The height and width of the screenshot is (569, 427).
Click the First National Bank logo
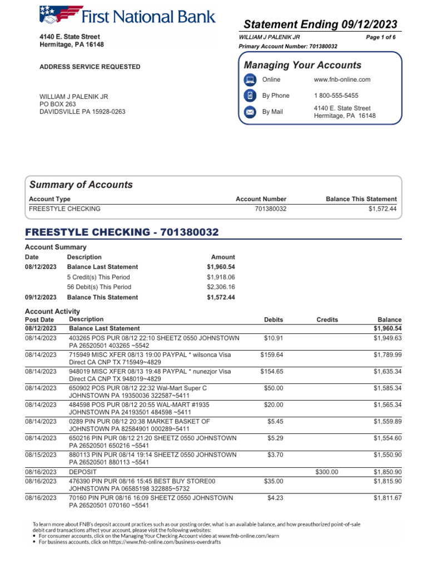[127, 16]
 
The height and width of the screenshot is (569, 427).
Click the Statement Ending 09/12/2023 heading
[321, 24]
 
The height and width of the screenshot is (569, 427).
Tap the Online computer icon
[250, 79]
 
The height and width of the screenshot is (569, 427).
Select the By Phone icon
[250, 96]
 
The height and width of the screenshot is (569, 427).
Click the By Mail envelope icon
[250, 112]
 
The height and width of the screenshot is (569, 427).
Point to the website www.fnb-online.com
[342, 79]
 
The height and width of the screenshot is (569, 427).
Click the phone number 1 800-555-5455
[336, 96]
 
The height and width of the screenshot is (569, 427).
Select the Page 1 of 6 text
[381, 37]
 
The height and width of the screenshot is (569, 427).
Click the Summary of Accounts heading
[81, 185]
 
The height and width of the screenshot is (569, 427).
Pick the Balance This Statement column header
[361, 199]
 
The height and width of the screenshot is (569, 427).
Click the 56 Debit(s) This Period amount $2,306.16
[221, 287]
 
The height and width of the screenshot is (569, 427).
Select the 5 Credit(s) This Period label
[98, 277]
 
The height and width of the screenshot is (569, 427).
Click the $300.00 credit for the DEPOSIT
[327, 472]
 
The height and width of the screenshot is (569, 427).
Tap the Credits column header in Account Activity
[327, 320]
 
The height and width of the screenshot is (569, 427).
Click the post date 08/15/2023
[41, 455]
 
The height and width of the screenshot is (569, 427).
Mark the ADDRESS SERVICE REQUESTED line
[90, 67]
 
